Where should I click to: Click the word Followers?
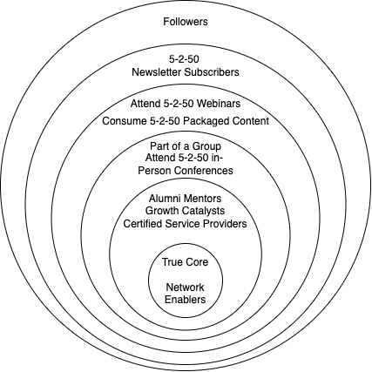tap(186, 22)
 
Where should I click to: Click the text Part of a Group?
tap(186, 146)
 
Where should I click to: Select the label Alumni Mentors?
tap(186, 199)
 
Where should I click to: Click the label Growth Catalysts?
tap(186, 211)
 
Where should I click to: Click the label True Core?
tap(186, 262)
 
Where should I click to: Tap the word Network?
tap(185, 287)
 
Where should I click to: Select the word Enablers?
tap(186, 300)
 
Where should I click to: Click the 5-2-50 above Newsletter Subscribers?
tap(184, 59)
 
